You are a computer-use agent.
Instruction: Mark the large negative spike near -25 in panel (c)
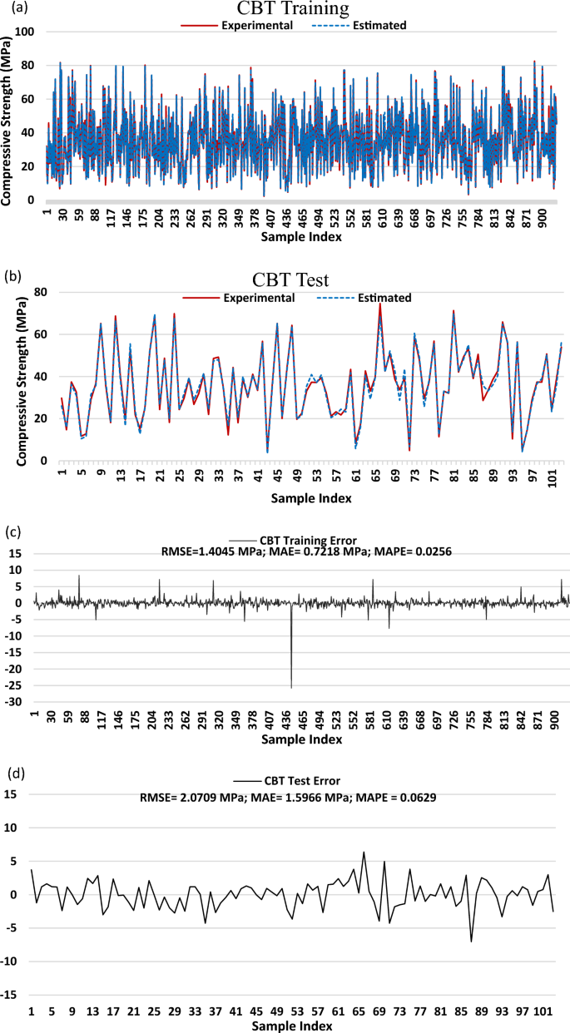coord(291,686)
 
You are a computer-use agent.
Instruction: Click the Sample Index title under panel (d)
coord(292,1026)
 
